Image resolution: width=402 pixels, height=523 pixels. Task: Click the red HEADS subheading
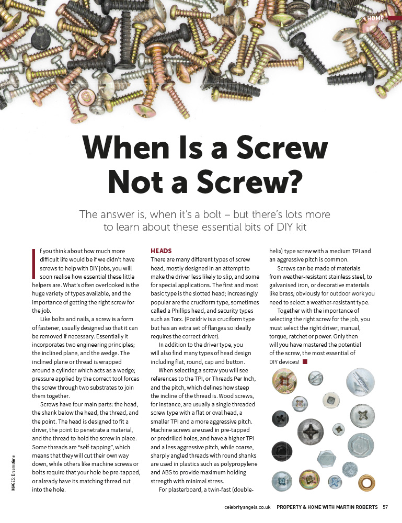[161, 251]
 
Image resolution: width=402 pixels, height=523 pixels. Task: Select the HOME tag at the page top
[375, 18]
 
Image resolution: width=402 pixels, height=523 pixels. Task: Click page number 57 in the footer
[385, 507]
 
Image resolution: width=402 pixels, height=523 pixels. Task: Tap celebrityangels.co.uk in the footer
[247, 507]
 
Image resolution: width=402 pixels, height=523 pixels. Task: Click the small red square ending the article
[305, 361]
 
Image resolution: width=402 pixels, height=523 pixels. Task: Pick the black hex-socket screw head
[281, 451]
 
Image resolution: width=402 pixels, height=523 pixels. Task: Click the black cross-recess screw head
[280, 418]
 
